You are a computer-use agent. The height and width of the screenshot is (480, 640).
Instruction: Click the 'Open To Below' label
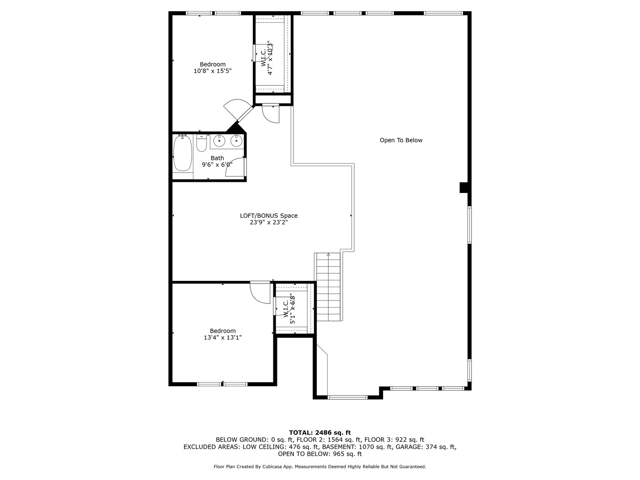[401, 140]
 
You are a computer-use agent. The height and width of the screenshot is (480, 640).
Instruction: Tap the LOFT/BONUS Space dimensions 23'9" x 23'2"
[268, 223]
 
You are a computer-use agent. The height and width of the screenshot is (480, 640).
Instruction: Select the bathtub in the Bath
[182, 153]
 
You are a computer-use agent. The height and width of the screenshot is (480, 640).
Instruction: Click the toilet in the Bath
[201, 143]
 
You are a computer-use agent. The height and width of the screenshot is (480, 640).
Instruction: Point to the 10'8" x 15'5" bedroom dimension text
[212, 71]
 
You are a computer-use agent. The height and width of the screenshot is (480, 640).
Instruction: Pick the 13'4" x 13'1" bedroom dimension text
[223, 338]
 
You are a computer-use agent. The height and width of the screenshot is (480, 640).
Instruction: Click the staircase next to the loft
[328, 287]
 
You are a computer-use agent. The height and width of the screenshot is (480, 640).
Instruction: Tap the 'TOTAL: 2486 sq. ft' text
[320, 432]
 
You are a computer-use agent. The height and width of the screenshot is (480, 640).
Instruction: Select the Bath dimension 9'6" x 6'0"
[217, 165]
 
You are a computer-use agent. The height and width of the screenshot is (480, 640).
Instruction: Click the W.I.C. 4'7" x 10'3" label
[266, 58]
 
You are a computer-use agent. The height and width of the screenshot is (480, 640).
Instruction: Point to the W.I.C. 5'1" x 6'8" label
[289, 308]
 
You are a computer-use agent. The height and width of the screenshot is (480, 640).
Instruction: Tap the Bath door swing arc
[236, 168]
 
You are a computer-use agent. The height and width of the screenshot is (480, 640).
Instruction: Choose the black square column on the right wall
[464, 188]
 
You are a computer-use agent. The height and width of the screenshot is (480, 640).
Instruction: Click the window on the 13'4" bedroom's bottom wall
[222, 384]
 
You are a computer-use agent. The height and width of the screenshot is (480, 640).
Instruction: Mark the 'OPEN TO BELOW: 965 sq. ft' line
[320, 454]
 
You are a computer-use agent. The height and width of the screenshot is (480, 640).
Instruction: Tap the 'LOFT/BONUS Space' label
[268, 216]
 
